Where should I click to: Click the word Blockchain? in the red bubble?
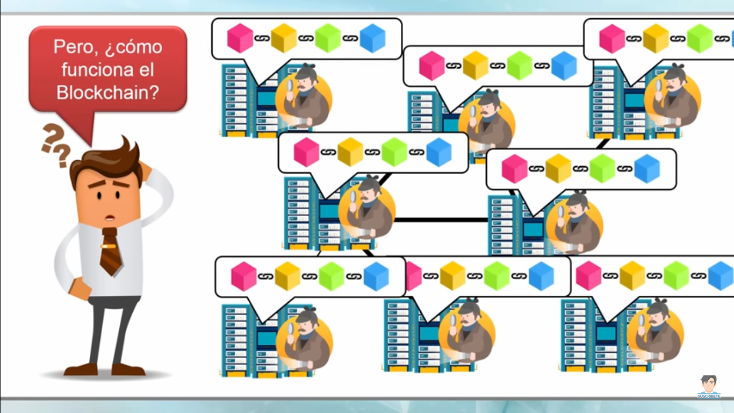pos(108,92)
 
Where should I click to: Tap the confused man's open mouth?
pos(110,218)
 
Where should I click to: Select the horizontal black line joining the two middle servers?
pos(441,220)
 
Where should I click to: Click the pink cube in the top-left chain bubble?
pos(240,38)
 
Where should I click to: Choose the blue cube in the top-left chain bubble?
pos(372,38)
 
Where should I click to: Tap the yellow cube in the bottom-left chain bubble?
pos(287,276)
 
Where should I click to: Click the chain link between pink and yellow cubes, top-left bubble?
pos(262,38)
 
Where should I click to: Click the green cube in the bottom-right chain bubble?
pos(676,275)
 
